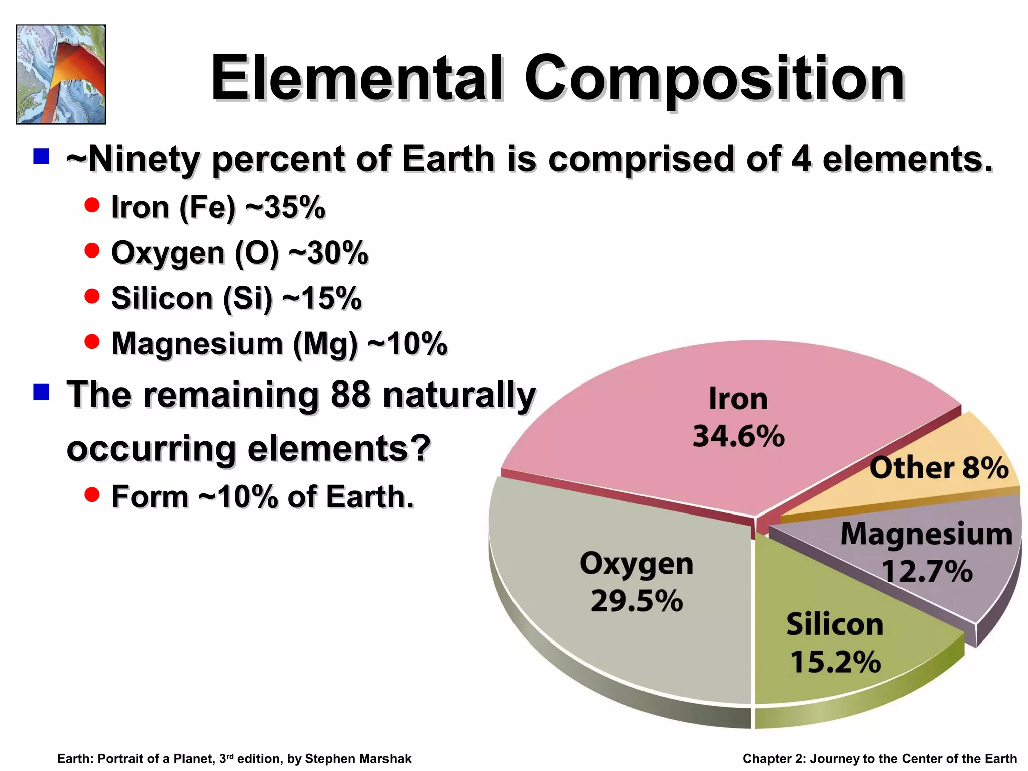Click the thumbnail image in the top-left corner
(61, 74)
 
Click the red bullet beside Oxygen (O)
(92, 250)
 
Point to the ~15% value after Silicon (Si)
(322, 298)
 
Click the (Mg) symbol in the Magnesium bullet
(325, 344)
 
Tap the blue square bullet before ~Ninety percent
(41, 156)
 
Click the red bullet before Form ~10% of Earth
(92, 494)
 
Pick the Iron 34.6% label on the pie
(738, 418)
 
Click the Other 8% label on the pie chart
(939, 468)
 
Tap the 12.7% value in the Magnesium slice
(927, 571)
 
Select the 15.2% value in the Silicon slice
(835, 662)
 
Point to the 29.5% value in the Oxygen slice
(636, 601)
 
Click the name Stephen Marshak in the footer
(358, 759)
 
